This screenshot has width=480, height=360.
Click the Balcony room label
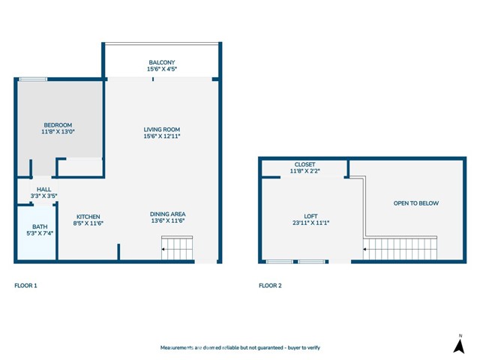coord(162,62)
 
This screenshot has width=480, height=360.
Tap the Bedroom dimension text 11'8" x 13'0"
coord(58,131)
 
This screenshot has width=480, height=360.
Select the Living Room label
coord(162,130)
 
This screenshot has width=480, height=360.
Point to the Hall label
coord(43,190)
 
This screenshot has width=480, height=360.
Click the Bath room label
coord(39,226)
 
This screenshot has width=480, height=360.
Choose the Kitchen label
coord(88,216)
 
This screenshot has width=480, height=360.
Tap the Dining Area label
coord(167,214)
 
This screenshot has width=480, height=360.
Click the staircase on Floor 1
coord(177,247)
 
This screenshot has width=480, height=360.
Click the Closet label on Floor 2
coord(304,164)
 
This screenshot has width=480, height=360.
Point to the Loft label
coord(311,215)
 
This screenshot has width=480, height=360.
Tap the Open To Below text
coord(416,203)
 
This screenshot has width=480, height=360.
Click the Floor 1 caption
coord(25,286)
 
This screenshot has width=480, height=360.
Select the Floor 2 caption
coord(270,286)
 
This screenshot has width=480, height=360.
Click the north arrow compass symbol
coord(459,344)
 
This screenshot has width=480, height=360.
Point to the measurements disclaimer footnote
coord(240,348)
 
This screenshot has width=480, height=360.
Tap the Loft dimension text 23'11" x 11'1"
coord(311,223)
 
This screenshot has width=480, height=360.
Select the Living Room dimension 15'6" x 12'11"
coord(162,136)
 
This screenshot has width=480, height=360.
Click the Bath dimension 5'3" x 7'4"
coord(39,233)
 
